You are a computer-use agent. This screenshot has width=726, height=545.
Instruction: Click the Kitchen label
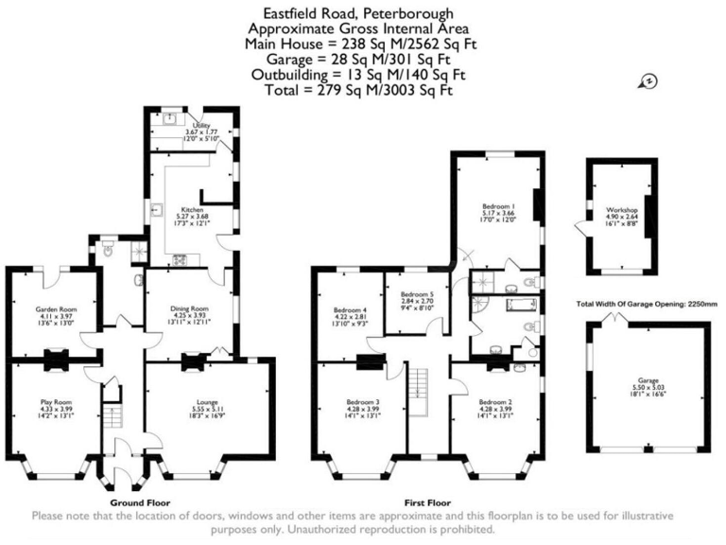point(193,210)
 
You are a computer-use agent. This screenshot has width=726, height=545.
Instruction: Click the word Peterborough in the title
point(403,13)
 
